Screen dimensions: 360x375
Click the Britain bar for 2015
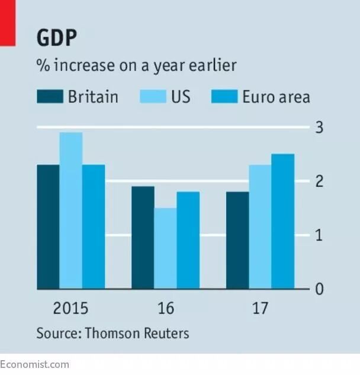(48, 227)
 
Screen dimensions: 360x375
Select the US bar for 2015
(71, 211)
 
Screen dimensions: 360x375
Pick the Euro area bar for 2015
(94, 227)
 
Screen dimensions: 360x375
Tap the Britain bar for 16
(143, 238)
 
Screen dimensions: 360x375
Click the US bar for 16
(166, 248)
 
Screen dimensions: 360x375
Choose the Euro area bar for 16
(188, 240)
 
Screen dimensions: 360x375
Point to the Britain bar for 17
(237, 240)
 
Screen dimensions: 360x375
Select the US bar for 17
(260, 227)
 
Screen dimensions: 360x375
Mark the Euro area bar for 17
(283, 221)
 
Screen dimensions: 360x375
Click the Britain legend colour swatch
(50, 96)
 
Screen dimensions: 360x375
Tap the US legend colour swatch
(153, 96)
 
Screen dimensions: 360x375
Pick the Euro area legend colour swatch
(224, 96)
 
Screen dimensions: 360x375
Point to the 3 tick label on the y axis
(319, 128)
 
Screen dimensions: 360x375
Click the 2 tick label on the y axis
(319, 181)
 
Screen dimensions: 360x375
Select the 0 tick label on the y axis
(319, 289)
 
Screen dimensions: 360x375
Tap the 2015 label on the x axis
(70, 308)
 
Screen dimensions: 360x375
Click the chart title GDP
(57, 37)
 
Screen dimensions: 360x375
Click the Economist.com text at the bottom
(34, 365)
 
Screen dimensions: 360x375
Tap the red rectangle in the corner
(8, 23)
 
